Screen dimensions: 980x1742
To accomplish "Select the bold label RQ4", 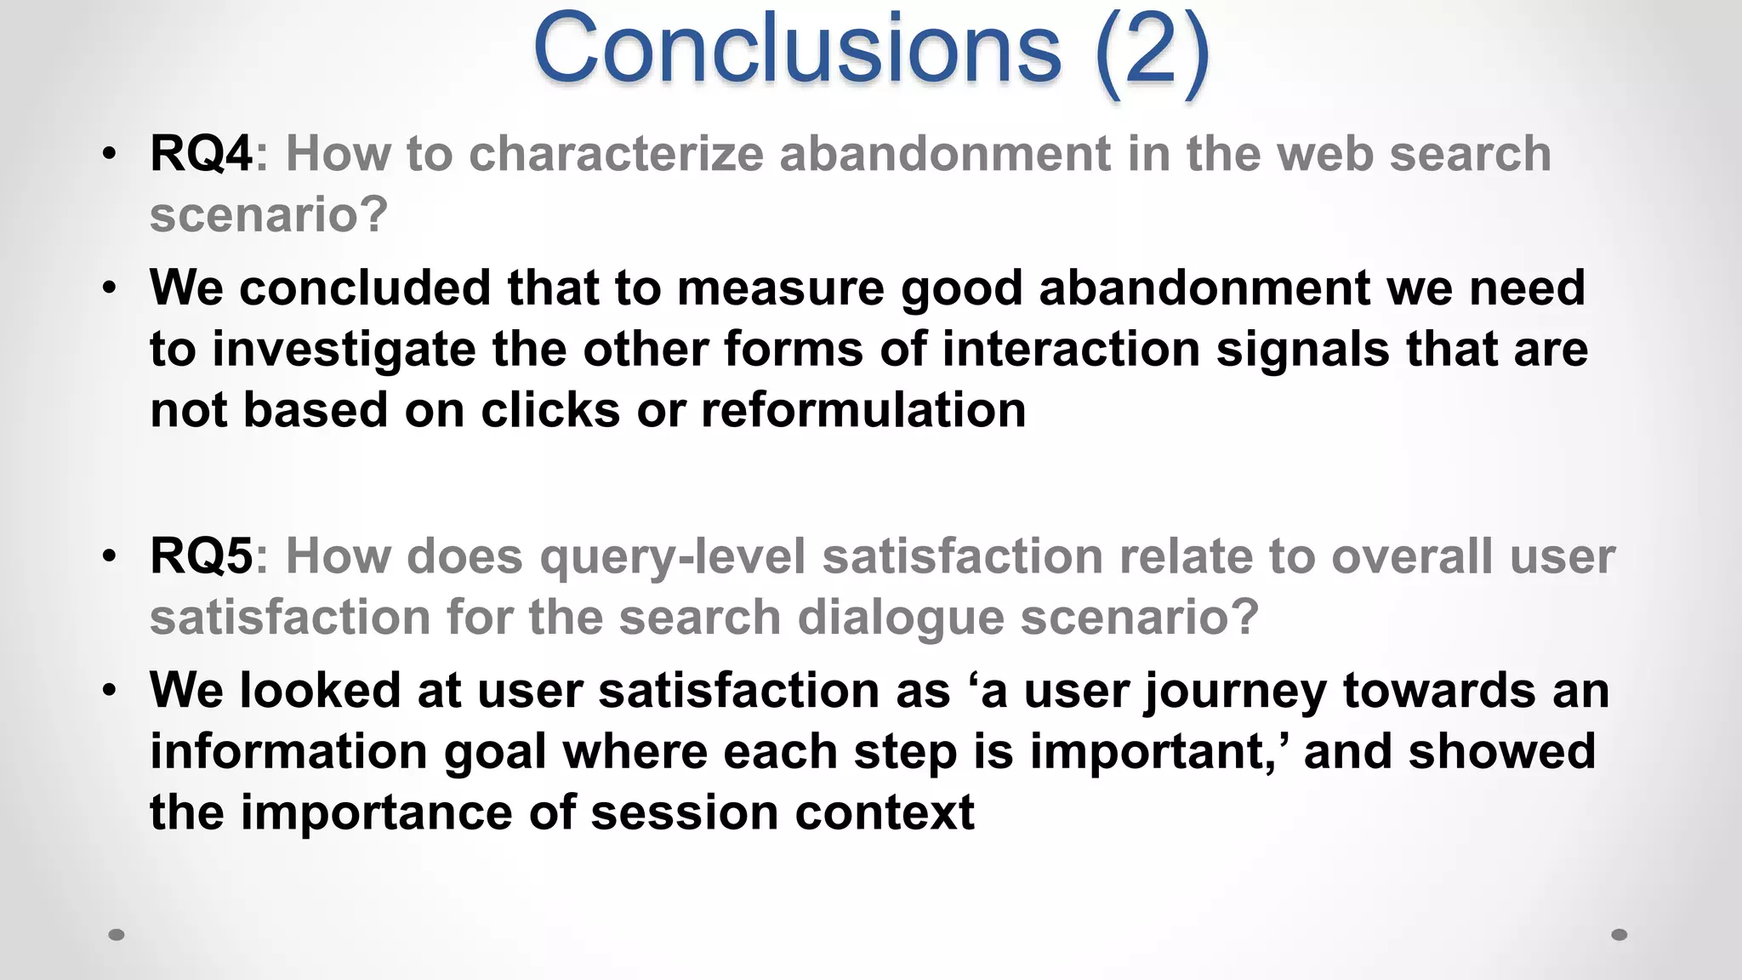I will click(201, 154).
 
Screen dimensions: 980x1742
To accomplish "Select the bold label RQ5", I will click(201, 556).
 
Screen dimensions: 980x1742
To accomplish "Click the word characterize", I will click(616, 154).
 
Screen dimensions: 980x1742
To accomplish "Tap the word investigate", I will click(344, 350).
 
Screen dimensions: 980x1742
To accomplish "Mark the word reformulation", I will click(863, 410).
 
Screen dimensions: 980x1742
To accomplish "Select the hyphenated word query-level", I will click(673, 558).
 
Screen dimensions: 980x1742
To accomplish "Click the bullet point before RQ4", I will click(109, 155).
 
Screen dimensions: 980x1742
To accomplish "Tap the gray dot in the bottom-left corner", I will click(117, 935).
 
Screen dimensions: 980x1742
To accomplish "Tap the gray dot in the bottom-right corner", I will click(1620, 935).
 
